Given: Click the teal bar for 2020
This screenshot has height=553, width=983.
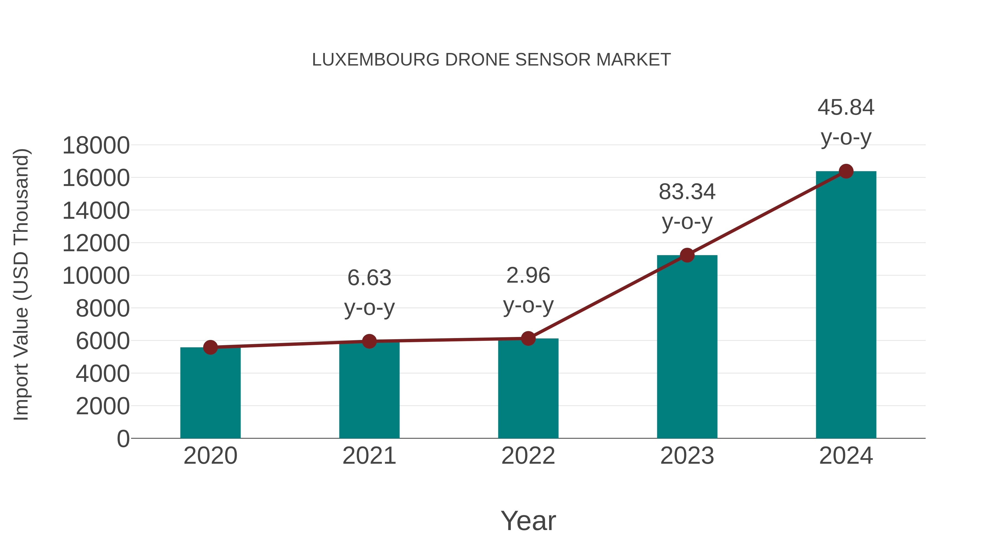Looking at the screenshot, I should click(210, 393).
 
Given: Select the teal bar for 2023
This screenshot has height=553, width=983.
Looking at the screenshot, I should click(687, 347).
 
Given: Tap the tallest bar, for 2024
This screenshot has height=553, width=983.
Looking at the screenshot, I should click(846, 305).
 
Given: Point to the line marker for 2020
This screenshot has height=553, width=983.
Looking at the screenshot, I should click(210, 347).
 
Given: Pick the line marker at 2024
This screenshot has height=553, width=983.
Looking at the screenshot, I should click(846, 171).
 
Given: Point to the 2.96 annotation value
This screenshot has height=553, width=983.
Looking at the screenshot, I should click(528, 276).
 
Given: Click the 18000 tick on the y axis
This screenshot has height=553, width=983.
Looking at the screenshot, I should click(96, 146).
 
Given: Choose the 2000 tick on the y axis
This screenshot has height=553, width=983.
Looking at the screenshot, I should click(103, 406).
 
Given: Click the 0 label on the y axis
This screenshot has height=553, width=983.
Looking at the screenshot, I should click(123, 439).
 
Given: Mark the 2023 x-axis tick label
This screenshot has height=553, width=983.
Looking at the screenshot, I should click(687, 456).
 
